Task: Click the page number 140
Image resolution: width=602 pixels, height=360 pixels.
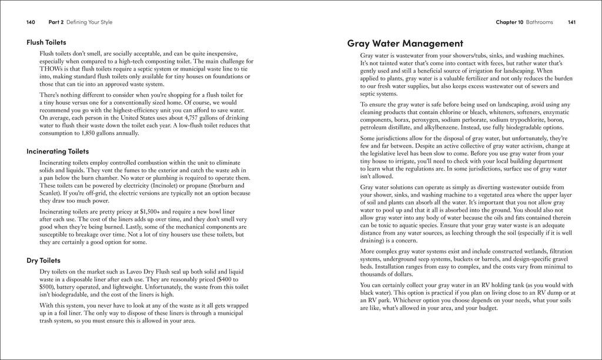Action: tap(31, 22)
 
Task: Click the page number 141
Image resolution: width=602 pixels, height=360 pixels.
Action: tap(571, 22)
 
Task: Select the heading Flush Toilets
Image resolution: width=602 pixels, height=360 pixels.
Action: tap(46, 42)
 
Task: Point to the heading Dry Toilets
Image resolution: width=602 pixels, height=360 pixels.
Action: tap(44, 260)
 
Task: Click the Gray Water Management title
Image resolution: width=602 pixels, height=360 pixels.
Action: tap(405, 43)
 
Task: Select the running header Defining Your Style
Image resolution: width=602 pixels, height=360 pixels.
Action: tap(89, 22)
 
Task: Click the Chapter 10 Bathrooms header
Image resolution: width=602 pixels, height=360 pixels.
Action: tap(524, 22)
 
